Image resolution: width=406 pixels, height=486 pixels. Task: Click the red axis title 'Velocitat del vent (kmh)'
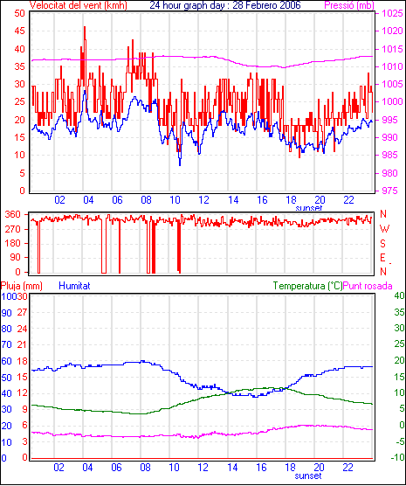78,5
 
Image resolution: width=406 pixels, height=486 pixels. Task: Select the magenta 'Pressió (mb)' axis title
349,5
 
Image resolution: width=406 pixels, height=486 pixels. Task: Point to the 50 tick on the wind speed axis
19,13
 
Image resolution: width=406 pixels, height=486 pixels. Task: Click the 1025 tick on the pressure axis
392,13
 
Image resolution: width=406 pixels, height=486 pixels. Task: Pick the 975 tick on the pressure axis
392,191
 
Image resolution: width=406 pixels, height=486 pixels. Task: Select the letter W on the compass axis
384,229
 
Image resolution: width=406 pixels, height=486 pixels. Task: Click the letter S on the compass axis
383,244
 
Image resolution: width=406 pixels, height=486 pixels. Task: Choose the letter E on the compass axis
382,258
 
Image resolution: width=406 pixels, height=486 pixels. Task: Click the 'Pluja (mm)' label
21,286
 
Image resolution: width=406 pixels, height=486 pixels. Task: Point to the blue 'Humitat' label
74,286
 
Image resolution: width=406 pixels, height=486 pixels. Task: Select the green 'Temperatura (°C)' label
308,286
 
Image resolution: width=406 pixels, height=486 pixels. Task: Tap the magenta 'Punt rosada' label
368,286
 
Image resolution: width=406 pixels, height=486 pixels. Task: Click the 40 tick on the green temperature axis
400,295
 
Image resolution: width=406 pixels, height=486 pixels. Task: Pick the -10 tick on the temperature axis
398,457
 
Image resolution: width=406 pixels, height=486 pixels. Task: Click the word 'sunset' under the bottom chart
308,476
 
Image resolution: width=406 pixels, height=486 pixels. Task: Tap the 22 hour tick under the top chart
348,200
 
